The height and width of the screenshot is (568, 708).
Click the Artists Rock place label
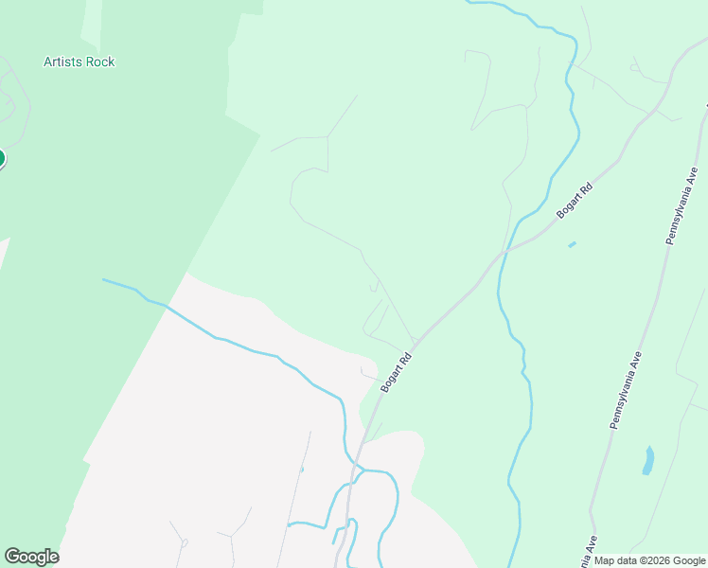pos(79,62)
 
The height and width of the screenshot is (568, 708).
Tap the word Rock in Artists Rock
pos(99,62)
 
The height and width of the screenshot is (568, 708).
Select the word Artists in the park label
pos(63,62)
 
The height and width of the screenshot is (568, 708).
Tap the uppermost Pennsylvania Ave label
pos(681,206)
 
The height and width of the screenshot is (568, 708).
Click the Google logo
pos(31,557)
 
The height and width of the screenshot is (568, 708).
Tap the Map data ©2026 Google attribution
pos(650,560)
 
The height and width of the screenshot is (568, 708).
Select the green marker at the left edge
pos(1,158)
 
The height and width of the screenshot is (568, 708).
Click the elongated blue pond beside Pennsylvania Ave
pos(648,460)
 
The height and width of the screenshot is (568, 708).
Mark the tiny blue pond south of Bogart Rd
pos(572,245)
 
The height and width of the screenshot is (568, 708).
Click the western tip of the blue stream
pos(104,279)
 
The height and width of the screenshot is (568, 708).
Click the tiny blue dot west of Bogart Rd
pos(302,469)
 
